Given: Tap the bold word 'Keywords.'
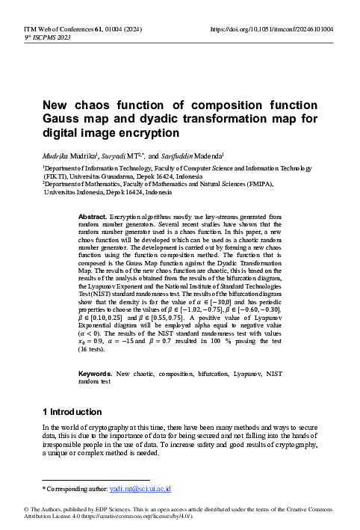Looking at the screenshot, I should [96, 372].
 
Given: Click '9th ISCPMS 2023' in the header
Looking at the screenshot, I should [37, 37].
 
